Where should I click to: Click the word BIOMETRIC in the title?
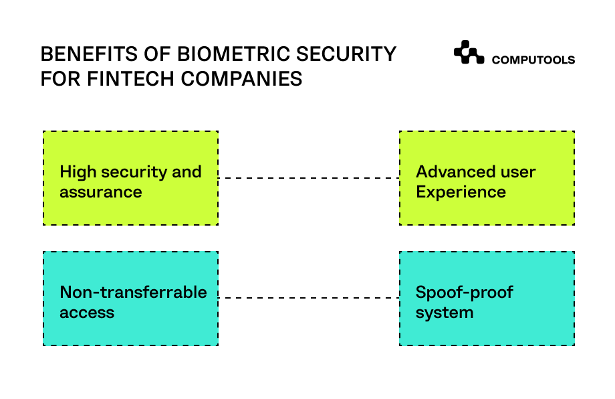[233, 54]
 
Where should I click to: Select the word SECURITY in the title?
[346, 54]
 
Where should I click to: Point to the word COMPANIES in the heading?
[241, 78]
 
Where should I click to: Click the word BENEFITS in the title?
[89, 54]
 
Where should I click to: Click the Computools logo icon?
[469, 52]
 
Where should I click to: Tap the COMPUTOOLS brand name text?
[533, 60]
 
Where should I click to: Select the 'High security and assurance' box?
[130, 178]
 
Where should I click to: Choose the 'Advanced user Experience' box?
[487, 178]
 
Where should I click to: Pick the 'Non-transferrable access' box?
[130, 299]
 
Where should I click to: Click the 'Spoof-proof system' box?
[487, 299]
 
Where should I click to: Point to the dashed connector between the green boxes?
[309, 178]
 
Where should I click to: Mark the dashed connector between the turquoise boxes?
[309, 298]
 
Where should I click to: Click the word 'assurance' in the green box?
[101, 192]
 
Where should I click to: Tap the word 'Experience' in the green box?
[461, 192]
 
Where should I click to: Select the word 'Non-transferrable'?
[133, 292]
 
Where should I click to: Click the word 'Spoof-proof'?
[465, 293]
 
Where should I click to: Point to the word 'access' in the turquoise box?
[87, 313]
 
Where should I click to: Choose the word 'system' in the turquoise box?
[445, 313]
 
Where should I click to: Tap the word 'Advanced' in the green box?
[446, 171]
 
